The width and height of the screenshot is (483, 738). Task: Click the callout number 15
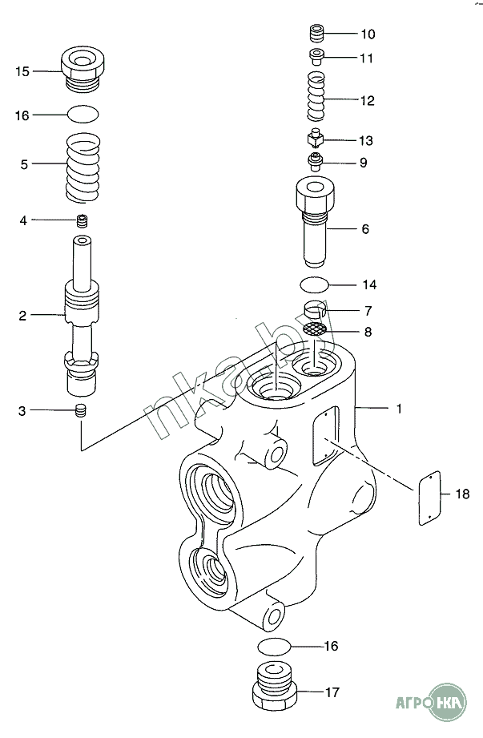[22, 71]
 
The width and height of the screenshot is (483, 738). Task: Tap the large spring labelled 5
[83, 168]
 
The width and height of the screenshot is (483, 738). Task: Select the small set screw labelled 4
[83, 220]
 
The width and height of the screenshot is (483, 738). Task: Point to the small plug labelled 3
[82, 410]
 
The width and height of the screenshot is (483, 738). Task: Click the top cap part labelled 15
[83, 69]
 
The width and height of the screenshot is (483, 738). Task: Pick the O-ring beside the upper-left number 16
[83, 114]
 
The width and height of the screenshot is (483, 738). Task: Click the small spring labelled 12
[316, 96]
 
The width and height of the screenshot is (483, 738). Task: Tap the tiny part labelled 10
[316, 34]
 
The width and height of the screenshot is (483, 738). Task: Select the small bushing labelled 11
[316, 57]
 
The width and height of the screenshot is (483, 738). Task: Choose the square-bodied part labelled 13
[316, 138]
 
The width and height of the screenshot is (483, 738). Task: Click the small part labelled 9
[315, 162]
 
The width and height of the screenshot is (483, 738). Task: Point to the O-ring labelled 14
[315, 284]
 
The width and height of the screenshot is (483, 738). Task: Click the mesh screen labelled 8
[315, 329]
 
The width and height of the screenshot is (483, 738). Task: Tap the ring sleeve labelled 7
[315, 309]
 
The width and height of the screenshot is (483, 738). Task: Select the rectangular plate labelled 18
[429, 498]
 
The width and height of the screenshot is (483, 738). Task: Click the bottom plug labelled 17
[275, 686]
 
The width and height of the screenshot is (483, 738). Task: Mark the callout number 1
[399, 409]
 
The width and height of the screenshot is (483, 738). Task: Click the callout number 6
[365, 229]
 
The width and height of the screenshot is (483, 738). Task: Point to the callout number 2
[22, 316]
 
